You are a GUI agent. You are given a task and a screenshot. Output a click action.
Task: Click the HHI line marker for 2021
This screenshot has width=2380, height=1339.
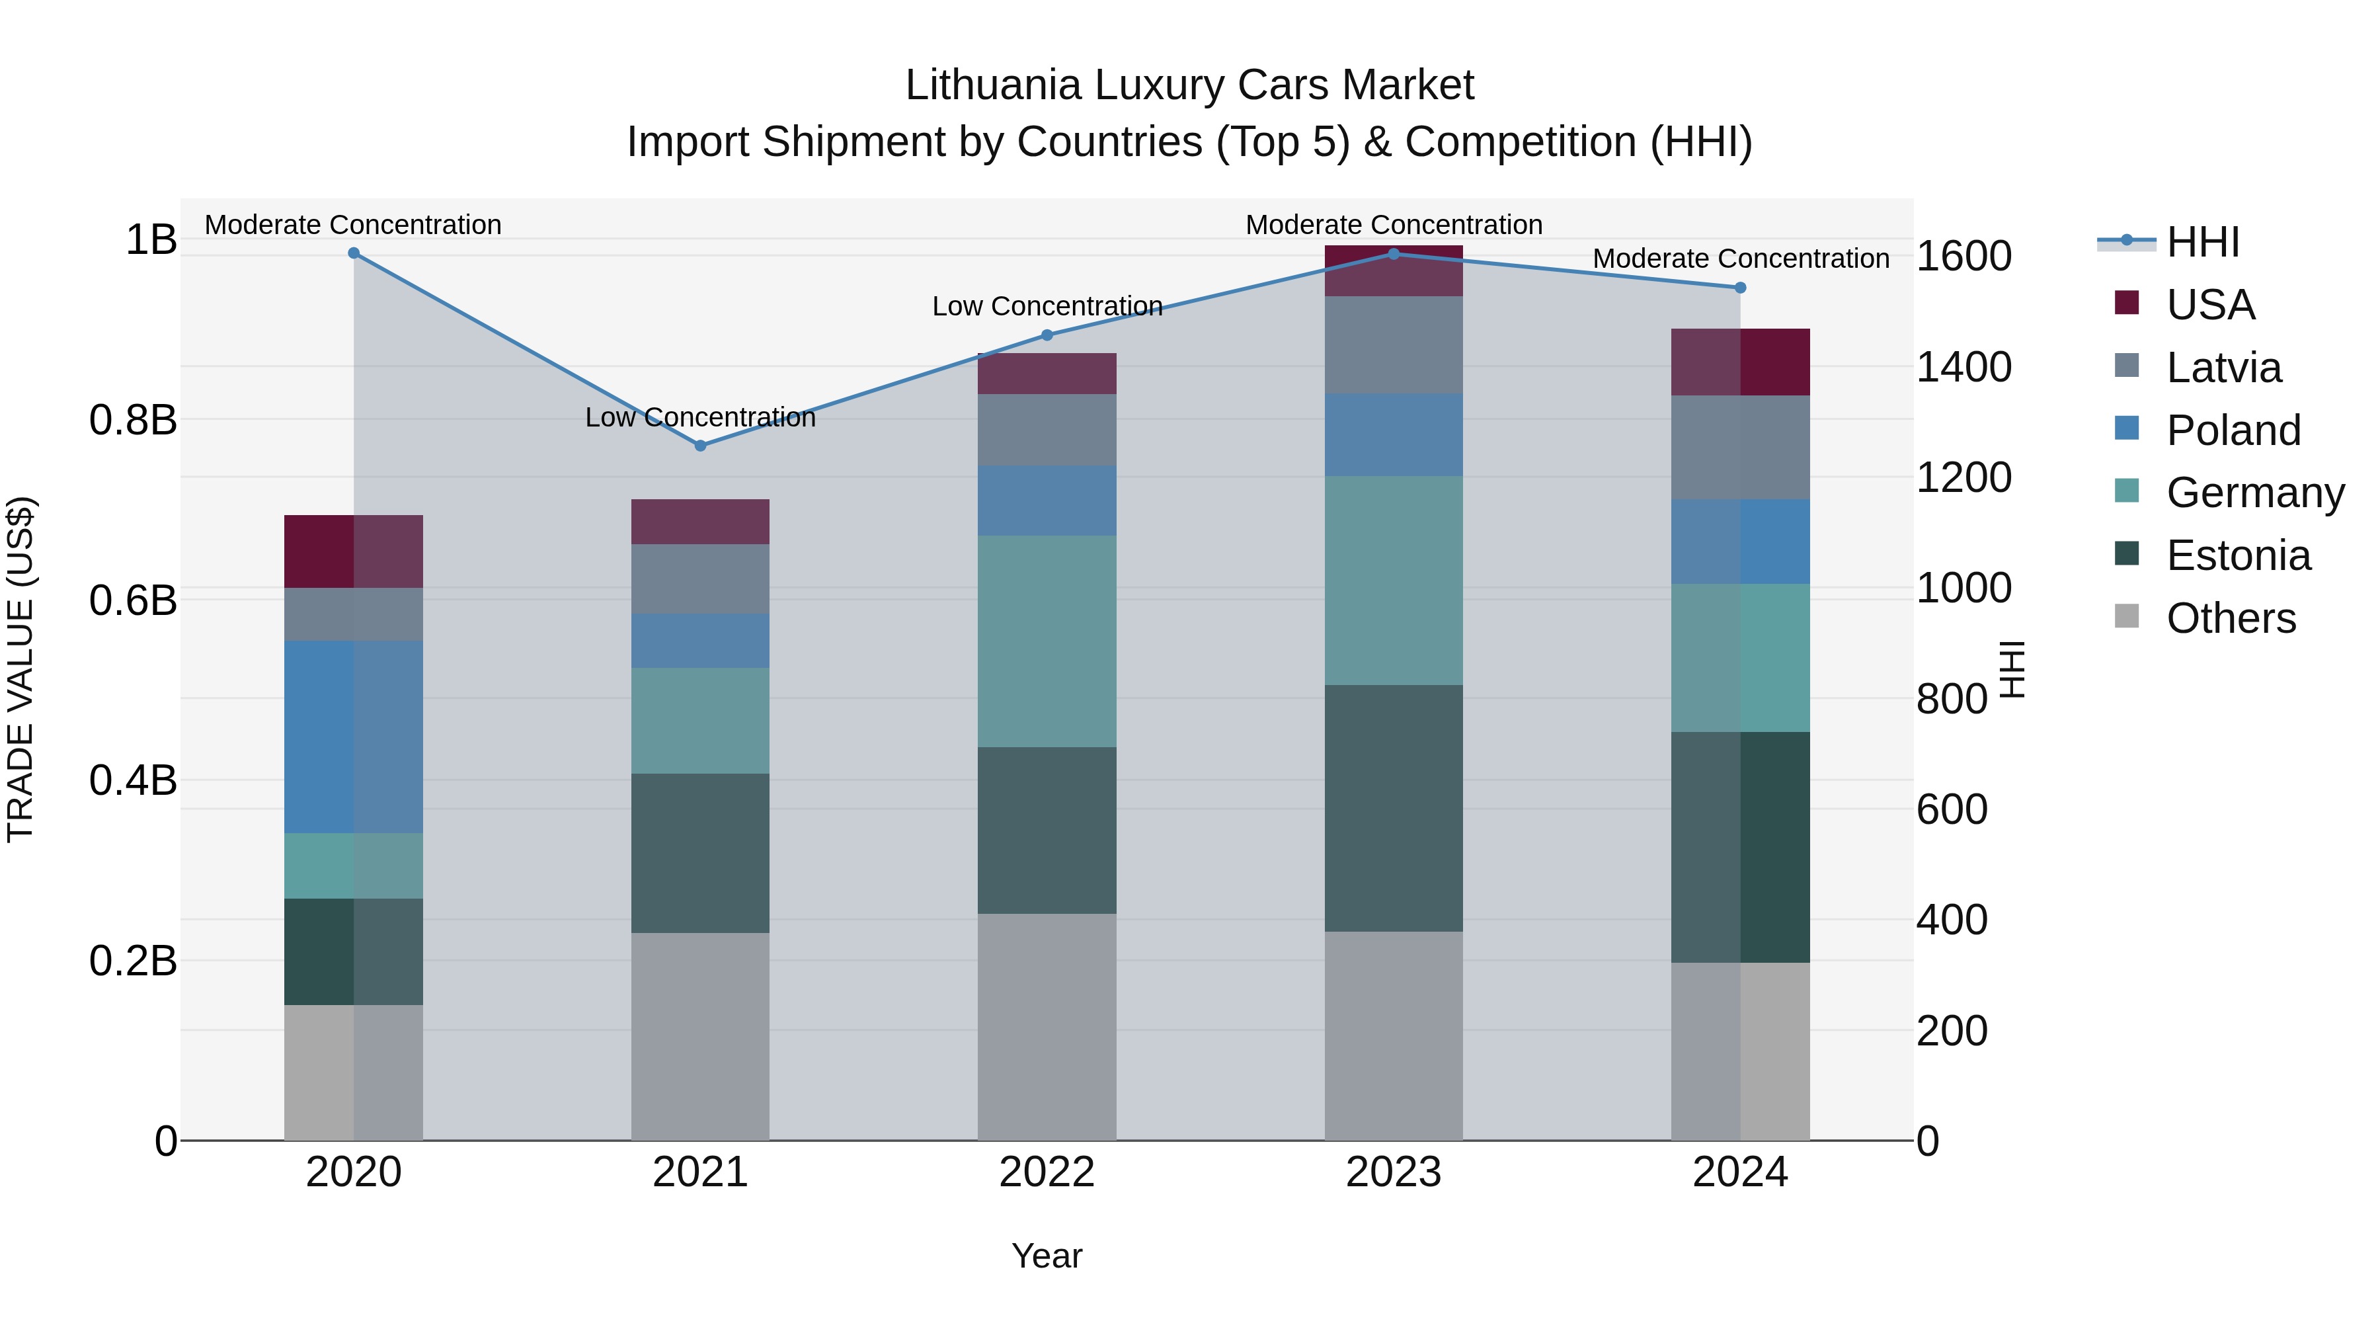[699, 446]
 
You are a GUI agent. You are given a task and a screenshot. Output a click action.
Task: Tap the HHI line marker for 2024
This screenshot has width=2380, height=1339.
[1740, 288]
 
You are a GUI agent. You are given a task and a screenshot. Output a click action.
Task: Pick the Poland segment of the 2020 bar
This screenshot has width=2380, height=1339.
[353, 737]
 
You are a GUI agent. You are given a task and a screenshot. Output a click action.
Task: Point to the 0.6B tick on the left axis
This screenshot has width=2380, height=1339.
[133, 600]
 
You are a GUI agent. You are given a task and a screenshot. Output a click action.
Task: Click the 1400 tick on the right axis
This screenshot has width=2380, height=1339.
[1963, 367]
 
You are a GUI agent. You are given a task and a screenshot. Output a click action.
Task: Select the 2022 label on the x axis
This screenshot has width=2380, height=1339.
[1047, 1172]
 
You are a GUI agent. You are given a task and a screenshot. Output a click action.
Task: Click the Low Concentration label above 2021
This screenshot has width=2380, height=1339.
[699, 418]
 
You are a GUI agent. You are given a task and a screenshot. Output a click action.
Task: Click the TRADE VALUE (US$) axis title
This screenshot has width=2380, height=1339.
[20, 669]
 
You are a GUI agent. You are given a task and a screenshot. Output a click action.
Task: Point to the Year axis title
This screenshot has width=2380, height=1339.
[1047, 1256]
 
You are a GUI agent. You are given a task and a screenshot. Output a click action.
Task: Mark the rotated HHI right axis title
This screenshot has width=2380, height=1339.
[2011, 669]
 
